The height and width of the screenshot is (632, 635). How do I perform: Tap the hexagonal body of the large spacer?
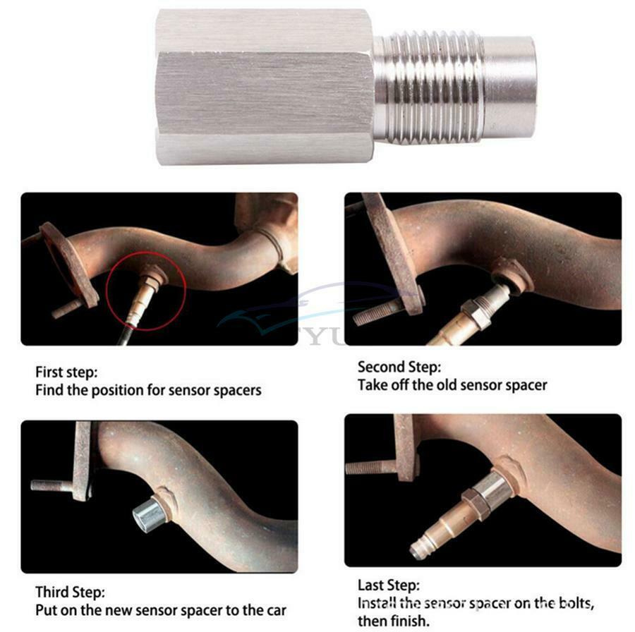pyautogui.click(x=264, y=87)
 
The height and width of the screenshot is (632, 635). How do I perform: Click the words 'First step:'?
pyautogui.click(x=66, y=372)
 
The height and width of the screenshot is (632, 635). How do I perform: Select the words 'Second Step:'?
pyautogui.click(x=399, y=367)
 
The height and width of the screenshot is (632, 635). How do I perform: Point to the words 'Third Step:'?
pyautogui.click(x=70, y=592)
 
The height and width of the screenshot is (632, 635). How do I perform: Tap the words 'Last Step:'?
pyautogui.click(x=388, y=585)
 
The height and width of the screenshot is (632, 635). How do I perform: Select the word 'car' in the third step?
pyautogui.click(x=275, y=610)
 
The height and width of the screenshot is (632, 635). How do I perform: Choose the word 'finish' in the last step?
pyautogui.click(x=409, y=621)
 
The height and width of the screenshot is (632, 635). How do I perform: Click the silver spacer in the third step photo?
pyautogui.click(x=148, y=513)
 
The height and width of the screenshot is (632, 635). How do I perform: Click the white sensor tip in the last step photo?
pyautogui.click(x=417, y=550)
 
